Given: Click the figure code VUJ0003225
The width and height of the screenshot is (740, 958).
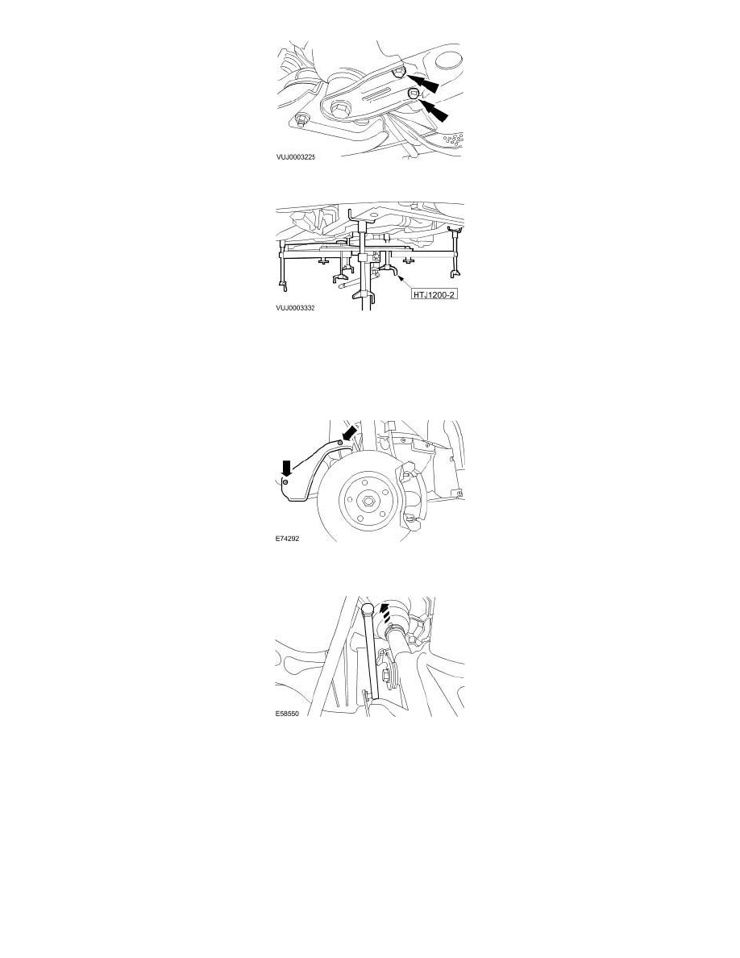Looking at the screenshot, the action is [x=295, y=157].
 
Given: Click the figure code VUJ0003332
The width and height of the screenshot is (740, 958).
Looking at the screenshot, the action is [x=295, y=308].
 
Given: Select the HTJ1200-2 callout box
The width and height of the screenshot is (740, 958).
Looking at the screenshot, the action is [x=434, y=294].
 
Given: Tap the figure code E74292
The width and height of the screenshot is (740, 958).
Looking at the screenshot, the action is [x=287, y=539].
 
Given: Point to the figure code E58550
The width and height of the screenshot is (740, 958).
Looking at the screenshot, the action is [x=287, y=713].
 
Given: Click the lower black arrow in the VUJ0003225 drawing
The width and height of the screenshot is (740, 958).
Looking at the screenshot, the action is [x=433, y=110].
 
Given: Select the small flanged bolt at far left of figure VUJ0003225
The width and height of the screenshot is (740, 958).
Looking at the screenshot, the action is [x=300, y=119].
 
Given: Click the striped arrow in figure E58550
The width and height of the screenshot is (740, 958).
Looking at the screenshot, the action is [x=384, y=613].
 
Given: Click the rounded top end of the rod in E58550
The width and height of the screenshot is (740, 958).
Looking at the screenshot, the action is [x=367, y=609].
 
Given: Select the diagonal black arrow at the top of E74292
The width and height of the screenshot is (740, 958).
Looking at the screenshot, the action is [x=348, y=433].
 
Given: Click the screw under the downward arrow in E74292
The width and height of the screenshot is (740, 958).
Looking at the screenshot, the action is [x=285, y=483].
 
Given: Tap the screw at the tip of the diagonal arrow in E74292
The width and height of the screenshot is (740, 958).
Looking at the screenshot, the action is [x=339, y=442].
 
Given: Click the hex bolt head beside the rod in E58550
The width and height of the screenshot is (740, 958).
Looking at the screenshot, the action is [x=386, y=675].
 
